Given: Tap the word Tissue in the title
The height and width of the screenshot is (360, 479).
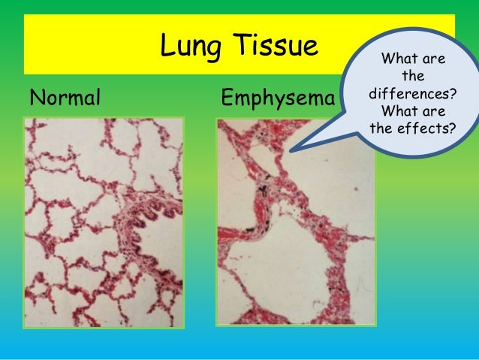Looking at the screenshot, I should click(x=270, y=48).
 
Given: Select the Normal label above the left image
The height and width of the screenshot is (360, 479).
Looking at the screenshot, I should click(x=64, y=98).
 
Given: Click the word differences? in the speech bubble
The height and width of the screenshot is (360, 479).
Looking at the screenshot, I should click(x=410, y=98).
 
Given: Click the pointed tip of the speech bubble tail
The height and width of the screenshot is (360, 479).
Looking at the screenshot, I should click(x=290, y=150).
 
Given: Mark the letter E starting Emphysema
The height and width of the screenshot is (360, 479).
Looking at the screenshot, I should click(x=227, y=98).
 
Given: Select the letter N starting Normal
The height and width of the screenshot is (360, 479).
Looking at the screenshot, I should click(x=35, y=98).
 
